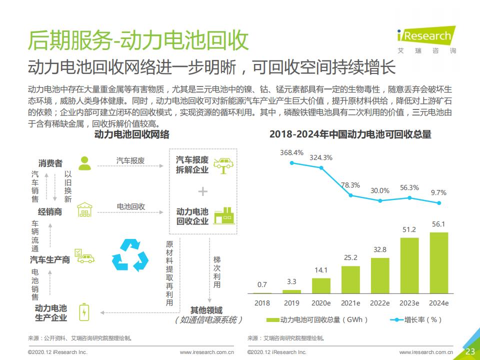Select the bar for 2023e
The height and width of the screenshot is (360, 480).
[x=409, y=265]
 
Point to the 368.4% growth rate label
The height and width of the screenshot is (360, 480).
[x=291, y=152]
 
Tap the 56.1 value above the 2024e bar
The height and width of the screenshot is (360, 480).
[x=438, y=224]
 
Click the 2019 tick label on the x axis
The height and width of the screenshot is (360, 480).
[x=291, y=303]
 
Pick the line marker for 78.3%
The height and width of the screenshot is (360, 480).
[x=350, y=195]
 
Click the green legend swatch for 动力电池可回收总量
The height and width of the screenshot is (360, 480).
[x=272, y=319]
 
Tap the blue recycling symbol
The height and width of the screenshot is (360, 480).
[x=130, y=254]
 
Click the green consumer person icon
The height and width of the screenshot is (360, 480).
[x=85, y=162]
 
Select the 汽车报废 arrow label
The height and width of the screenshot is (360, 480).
[x=130, y=160]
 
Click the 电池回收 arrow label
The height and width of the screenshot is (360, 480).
[x=131, y=206]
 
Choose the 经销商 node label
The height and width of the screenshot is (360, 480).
[x=50, y=211]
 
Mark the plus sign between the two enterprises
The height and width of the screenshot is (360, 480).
[x=202, y=191]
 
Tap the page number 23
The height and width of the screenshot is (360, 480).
[x=470, y=351]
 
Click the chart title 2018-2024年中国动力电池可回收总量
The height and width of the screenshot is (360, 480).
[x=350, y=134]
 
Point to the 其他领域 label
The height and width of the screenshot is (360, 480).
[x=206, y=310]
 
